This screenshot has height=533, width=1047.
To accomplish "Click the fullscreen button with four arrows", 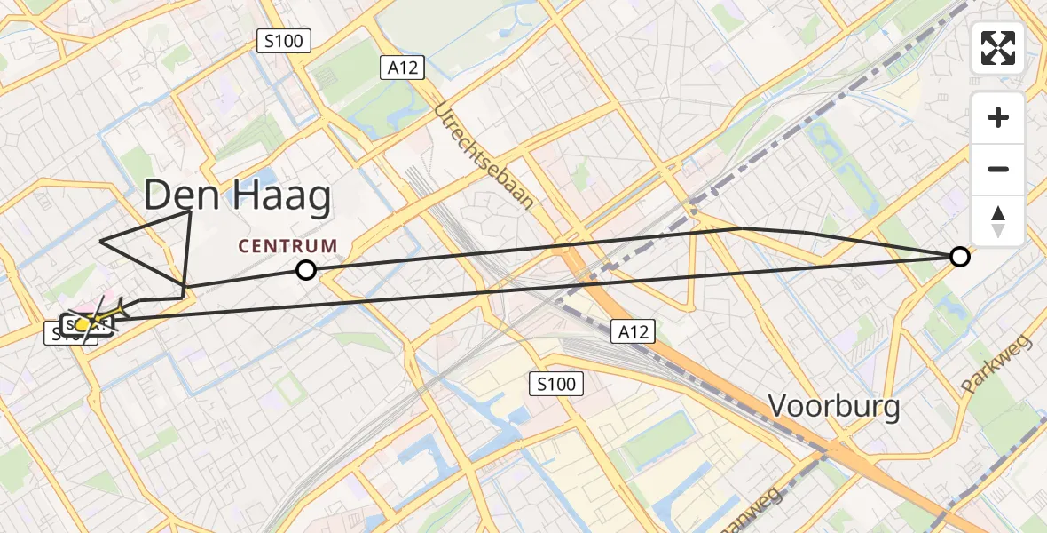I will pos(998,48).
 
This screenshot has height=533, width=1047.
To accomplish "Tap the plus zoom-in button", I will pos(998,117).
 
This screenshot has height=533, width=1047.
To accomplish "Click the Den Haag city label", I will pos(237,195).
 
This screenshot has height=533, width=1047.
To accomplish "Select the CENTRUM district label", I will pos(287,246).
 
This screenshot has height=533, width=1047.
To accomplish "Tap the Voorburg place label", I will pos(833,407).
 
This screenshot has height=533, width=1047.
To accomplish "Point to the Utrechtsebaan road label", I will pos(484,155).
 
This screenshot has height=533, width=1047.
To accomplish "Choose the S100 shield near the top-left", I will pos(283,40).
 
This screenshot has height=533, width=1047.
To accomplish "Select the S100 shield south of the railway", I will pos(557,385).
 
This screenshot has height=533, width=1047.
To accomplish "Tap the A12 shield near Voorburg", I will pos(634,332).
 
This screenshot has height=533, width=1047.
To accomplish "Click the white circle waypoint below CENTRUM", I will pos(305,270).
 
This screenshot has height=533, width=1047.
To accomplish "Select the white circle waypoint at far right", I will pos(959,257).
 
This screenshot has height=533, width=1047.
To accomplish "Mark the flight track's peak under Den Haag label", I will pos(191,211).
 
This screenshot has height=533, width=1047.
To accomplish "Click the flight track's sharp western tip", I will pos(100,241).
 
